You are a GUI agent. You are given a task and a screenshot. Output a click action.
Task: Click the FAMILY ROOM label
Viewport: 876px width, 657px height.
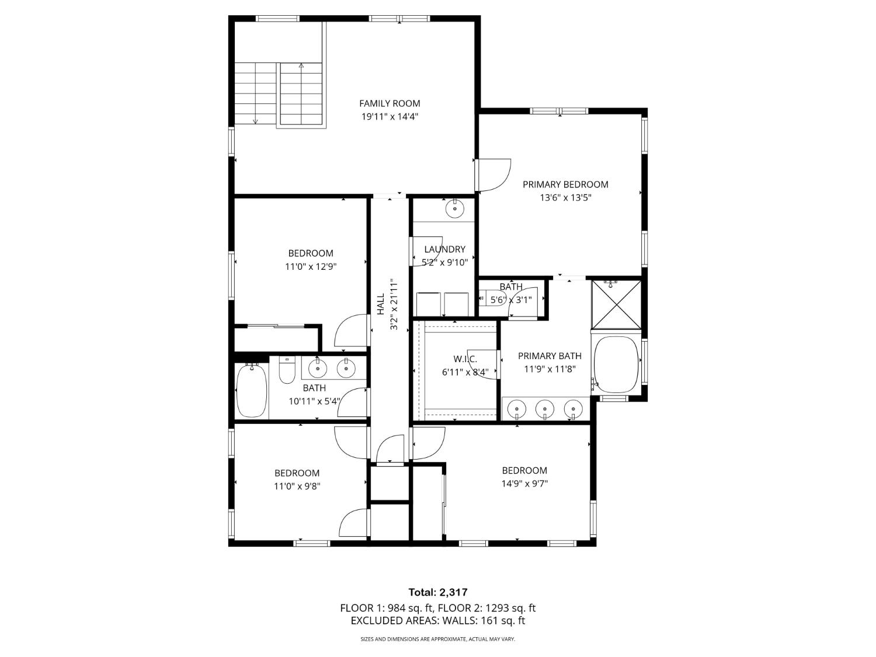pos(390,103)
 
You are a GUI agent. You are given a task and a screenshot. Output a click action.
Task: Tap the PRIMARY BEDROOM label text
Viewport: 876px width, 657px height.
pos(565,185)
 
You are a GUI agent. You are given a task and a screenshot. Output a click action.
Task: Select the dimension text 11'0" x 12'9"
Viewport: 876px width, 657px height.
pos(311,267)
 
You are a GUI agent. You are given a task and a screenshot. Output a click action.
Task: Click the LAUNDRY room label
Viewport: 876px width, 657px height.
pos(444,249)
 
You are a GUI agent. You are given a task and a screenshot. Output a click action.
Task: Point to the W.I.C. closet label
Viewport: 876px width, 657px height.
pos(465,359)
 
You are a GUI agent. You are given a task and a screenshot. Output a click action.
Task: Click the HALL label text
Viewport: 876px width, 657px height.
pos(381,304)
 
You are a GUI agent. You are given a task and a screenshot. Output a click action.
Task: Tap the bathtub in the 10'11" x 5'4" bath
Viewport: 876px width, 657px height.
pos(252,390)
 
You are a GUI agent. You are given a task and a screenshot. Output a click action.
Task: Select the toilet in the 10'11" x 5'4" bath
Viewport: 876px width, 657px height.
pos(287,371)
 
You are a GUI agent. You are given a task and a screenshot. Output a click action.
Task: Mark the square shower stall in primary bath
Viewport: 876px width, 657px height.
pos(616,304)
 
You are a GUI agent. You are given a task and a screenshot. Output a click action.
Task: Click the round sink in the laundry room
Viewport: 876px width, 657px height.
pos(454,208)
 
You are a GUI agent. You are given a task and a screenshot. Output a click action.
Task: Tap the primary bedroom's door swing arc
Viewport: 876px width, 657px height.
pos(495,175)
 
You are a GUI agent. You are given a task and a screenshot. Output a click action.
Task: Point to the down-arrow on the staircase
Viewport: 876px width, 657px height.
pos(255,121)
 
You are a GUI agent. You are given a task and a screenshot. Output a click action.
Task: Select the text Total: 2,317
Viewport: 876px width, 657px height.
pos(437,593)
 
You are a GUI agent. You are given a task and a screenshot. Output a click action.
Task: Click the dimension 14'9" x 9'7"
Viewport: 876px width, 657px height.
pos(524,484)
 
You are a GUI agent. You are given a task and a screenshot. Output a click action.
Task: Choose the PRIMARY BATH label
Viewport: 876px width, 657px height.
pos(550,356)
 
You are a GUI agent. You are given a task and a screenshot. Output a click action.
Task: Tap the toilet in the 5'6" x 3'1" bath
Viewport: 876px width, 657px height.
pos(484,300)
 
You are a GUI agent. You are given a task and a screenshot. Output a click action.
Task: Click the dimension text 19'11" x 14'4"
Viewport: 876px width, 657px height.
pos(390,117)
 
